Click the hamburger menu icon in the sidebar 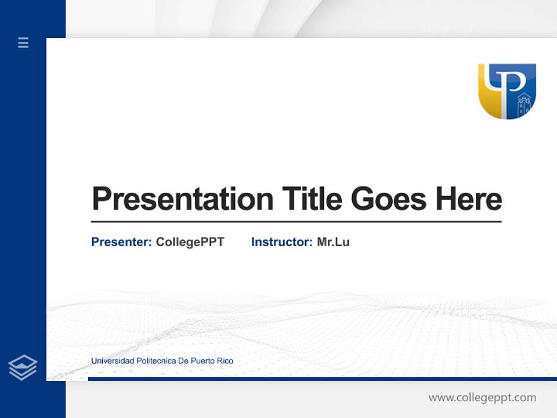(23, 42)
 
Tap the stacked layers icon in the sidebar (23, 367)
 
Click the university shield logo (507, 91)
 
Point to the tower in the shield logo (524, 105)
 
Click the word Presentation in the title (182, 199)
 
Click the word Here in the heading (468, 199)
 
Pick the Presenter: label (121, 242)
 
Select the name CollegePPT (190, 242)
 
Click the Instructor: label (281, 242)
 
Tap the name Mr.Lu (333, 242)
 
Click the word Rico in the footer (225, 361)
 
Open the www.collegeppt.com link (482, 398)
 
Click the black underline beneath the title (296, 222)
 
